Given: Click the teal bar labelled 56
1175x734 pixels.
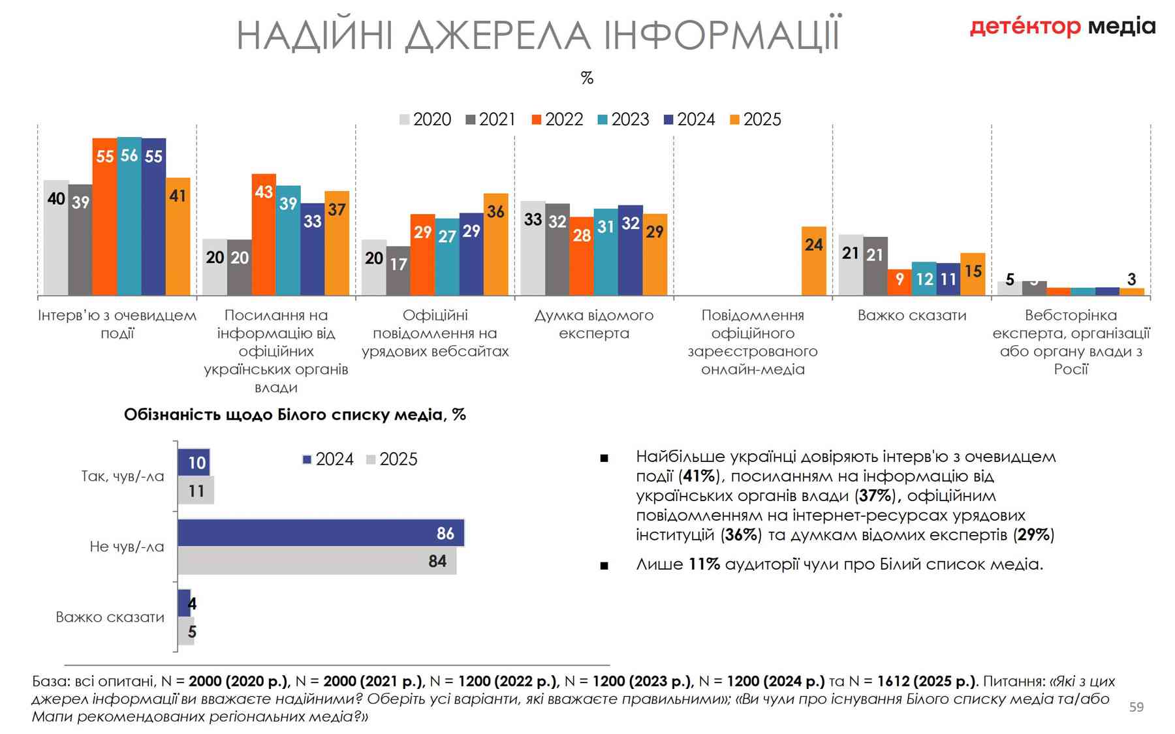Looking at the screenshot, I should (129, 215).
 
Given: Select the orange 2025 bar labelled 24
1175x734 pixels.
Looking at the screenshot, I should (813, 261).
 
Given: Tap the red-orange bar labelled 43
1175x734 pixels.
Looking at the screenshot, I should (264, 235).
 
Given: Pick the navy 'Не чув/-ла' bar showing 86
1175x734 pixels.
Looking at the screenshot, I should (321, 533).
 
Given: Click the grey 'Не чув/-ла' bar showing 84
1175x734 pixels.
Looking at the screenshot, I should (317, 561).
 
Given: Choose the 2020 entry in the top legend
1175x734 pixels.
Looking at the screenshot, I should (425, 119).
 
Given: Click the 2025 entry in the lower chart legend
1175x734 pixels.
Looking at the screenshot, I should (392, 459).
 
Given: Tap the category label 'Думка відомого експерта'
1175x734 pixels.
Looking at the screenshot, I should (594, 324).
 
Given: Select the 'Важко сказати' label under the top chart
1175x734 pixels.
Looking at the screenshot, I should (912, 316).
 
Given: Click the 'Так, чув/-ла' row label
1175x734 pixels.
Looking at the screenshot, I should (123, 476).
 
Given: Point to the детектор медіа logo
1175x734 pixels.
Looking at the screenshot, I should (1062, 27).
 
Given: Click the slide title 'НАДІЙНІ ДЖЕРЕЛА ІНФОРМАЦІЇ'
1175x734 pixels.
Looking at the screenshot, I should (539, 36).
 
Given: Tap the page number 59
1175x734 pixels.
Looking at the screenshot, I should (1136, 707).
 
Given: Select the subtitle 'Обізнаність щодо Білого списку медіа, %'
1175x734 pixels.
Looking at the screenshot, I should (295, 415).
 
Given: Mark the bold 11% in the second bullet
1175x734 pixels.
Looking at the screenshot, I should (704, 564).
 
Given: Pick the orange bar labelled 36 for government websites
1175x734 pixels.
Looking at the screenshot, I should (495, 245).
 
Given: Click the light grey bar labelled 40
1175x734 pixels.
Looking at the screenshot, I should (56, 238).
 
